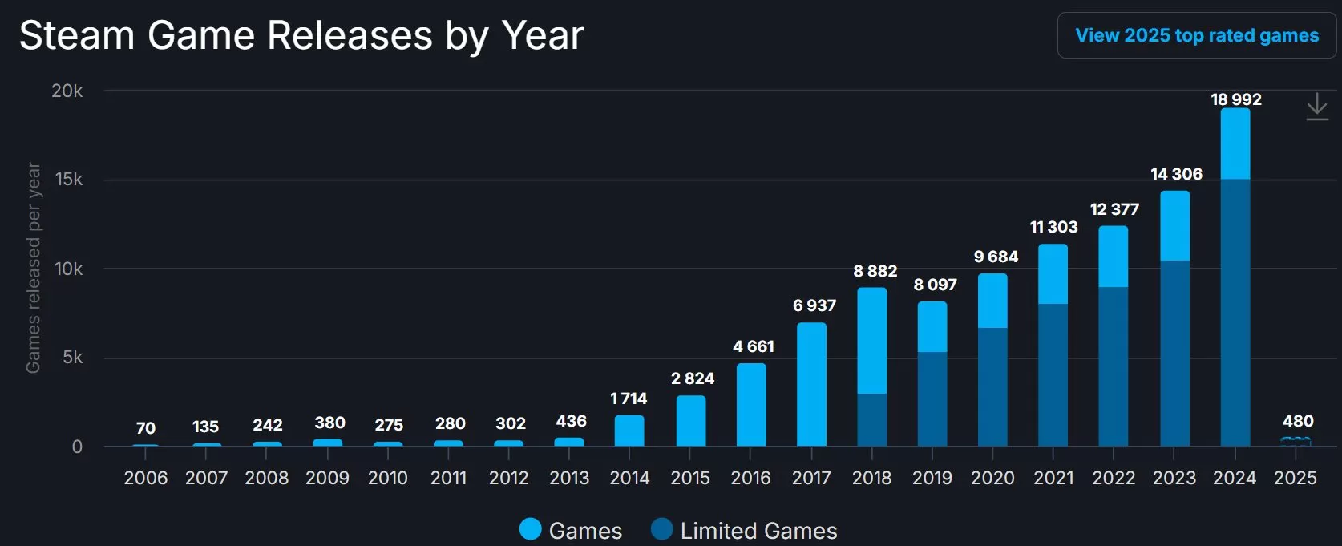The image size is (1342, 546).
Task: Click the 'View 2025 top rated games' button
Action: (1196, 35)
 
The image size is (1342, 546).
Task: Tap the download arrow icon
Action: (1317, 107)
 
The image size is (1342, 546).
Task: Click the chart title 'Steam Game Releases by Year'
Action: (301, 36)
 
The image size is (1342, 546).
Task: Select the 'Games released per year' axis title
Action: (33, 268)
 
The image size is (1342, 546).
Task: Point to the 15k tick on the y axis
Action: (69, 180)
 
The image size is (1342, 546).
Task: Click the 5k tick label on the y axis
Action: (72, 358)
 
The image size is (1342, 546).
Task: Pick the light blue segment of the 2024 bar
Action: (1235, 144)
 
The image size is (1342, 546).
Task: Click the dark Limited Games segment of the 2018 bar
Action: (872, 419)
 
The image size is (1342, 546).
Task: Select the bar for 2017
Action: (811, 385)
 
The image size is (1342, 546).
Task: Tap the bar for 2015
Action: (691, 420)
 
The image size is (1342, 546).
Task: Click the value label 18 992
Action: (1235, 99)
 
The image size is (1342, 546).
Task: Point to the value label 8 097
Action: (935, 285)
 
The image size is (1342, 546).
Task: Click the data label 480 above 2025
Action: (1297, 421)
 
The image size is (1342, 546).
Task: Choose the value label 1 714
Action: (629, 398)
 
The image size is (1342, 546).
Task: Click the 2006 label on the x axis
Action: (146, 478)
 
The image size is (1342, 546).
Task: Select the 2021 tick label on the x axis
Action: (1053, 478)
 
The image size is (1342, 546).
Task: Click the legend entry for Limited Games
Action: (744, 530)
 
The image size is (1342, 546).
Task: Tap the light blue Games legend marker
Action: (531, 529)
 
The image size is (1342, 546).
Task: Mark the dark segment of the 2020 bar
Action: (992, 386)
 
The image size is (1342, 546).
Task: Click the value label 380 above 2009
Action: (329, 423)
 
